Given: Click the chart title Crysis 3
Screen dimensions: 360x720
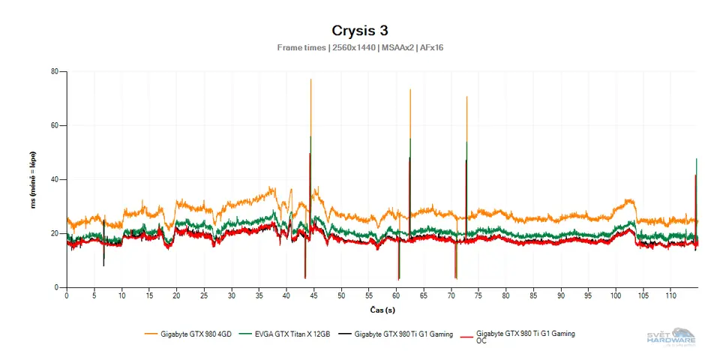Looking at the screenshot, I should click(359, 31).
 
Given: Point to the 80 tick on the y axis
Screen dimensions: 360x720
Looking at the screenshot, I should click(55, 72).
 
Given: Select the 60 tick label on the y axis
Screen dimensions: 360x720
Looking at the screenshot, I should click(55, 126).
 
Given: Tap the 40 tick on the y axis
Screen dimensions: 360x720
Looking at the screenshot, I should click(55, 180).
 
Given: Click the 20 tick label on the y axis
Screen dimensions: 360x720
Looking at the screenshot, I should click(55, 234).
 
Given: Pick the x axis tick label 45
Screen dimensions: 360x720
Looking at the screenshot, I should click(314, 295).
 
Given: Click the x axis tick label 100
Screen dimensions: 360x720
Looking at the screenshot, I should click(616, 295).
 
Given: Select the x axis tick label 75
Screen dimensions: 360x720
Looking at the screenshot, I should click(478, 295).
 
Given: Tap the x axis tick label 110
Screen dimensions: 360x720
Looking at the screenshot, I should click(670, 295).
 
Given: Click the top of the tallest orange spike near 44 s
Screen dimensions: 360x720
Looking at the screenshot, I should click(310, 79).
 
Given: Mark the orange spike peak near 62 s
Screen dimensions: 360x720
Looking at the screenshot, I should click(410, 90).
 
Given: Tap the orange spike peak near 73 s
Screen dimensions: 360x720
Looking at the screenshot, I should click(466, 97).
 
